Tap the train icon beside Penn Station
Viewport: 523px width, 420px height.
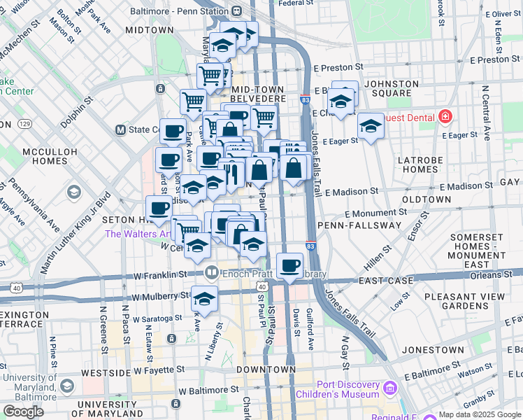pos(237,11)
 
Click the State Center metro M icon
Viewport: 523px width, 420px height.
pos(120,129)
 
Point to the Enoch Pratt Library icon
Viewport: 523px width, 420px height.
pos(211,272)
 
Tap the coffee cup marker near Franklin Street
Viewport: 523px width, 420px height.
pos(289,265)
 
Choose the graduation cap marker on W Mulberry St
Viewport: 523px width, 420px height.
pos(203,298)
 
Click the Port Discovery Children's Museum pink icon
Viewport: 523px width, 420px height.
pos(391,387)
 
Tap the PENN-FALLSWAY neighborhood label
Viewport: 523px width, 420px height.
pos(359,225)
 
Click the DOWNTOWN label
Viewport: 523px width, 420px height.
pos(266,369)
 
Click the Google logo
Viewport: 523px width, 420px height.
pos(23,412)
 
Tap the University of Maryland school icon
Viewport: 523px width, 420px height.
pos(66,386)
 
